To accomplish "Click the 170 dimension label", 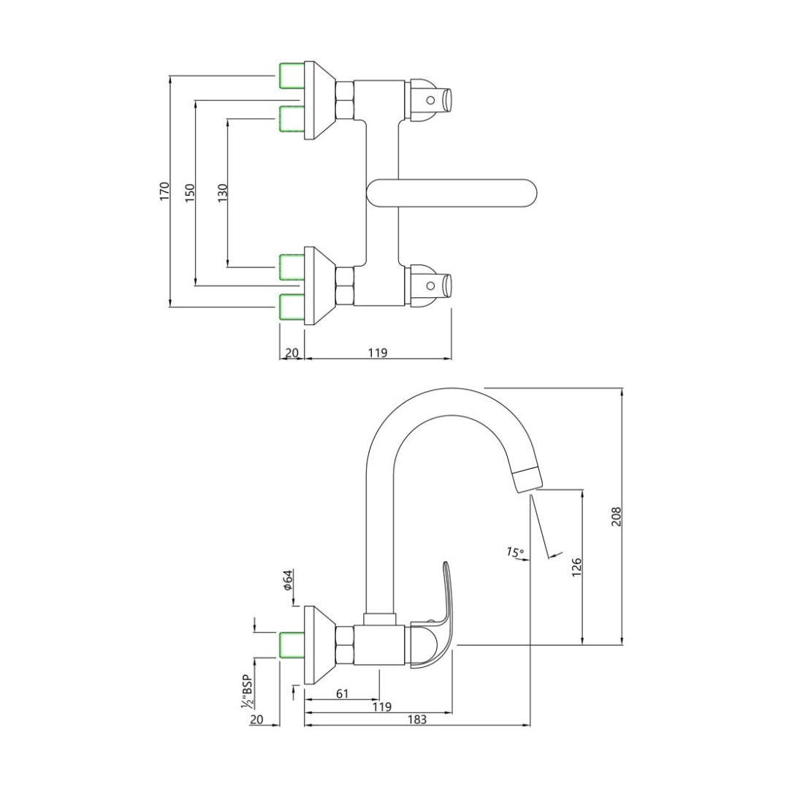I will click(164, 191).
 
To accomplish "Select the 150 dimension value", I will click(190, 192).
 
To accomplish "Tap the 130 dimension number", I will click(223, 192).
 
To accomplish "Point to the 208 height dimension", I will click(616, 517).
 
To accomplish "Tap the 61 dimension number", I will click(342, 693).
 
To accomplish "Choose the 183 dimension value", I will click(416, 719).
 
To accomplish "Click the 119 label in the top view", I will click(377, 353).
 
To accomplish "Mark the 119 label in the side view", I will click(381, 706).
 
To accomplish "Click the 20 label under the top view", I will click(291, 353).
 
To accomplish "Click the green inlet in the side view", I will click(291, 645).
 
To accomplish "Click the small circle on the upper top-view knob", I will click(431, 100).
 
